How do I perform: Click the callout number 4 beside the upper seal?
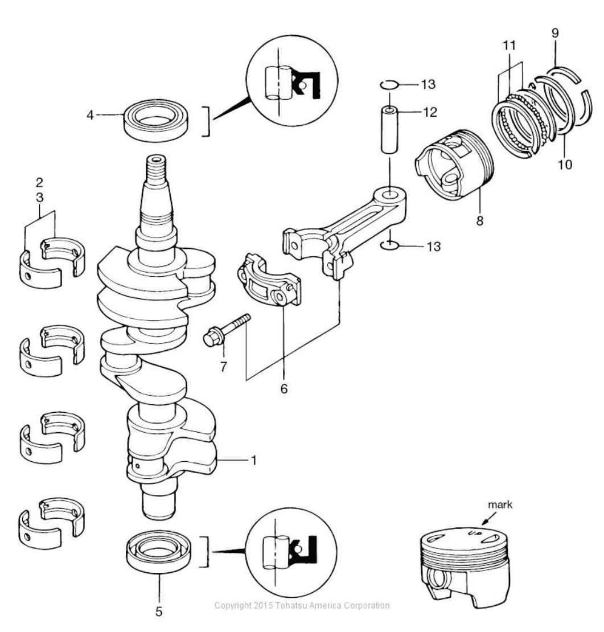click(x=90, y=115)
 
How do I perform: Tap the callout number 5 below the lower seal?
click(x=159, y=612)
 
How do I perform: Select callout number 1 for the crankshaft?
click(x=253, y=460)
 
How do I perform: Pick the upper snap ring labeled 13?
click(x=389, y=85)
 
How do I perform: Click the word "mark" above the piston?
click(x=500, y=504)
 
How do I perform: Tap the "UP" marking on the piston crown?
click(x=472, y=534)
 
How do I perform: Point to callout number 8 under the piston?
click(x=479, y=220)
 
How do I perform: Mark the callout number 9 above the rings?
click(x=555, y=33)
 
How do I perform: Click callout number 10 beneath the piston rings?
click(x=565, y=165)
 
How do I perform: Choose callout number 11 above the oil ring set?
click(x=510, y=45)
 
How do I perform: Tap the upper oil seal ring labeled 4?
click(x=157, y=120)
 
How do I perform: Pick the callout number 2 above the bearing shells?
click(x=39, y=183)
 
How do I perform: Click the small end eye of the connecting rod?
click(x=389, y=195)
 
